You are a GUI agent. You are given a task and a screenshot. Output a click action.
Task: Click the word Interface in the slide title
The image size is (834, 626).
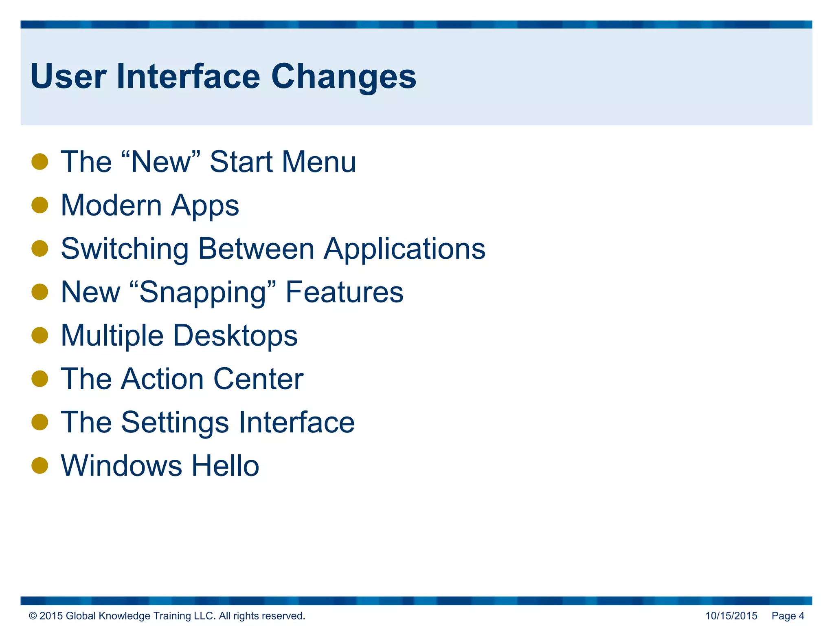(188, 77)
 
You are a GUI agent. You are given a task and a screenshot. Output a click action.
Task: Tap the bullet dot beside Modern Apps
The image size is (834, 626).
(40, 205)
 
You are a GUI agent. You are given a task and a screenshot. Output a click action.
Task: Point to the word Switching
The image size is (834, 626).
(125, 249)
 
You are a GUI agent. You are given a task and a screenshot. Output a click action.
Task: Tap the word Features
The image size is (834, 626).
(344, 292)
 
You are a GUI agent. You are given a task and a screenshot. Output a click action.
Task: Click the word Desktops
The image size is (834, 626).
(236, 335)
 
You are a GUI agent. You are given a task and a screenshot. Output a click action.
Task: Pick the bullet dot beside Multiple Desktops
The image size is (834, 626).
(40, 335)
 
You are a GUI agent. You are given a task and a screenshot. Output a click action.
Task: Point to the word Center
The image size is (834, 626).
(258, 379)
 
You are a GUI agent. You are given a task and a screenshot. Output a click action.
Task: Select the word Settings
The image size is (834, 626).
(175, 422)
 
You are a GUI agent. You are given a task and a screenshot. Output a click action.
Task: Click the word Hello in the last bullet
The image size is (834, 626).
(225, 466)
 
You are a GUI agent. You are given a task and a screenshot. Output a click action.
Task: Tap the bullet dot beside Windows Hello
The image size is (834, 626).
(40, 465)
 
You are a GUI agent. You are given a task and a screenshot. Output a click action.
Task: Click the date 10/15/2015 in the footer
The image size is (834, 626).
(731, 616)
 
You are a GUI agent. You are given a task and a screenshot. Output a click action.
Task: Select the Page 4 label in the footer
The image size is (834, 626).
(788, 616)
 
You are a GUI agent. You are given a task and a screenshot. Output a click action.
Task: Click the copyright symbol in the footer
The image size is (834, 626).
(33, 616)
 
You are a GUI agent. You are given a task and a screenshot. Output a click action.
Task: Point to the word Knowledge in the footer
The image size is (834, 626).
(125, 616)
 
